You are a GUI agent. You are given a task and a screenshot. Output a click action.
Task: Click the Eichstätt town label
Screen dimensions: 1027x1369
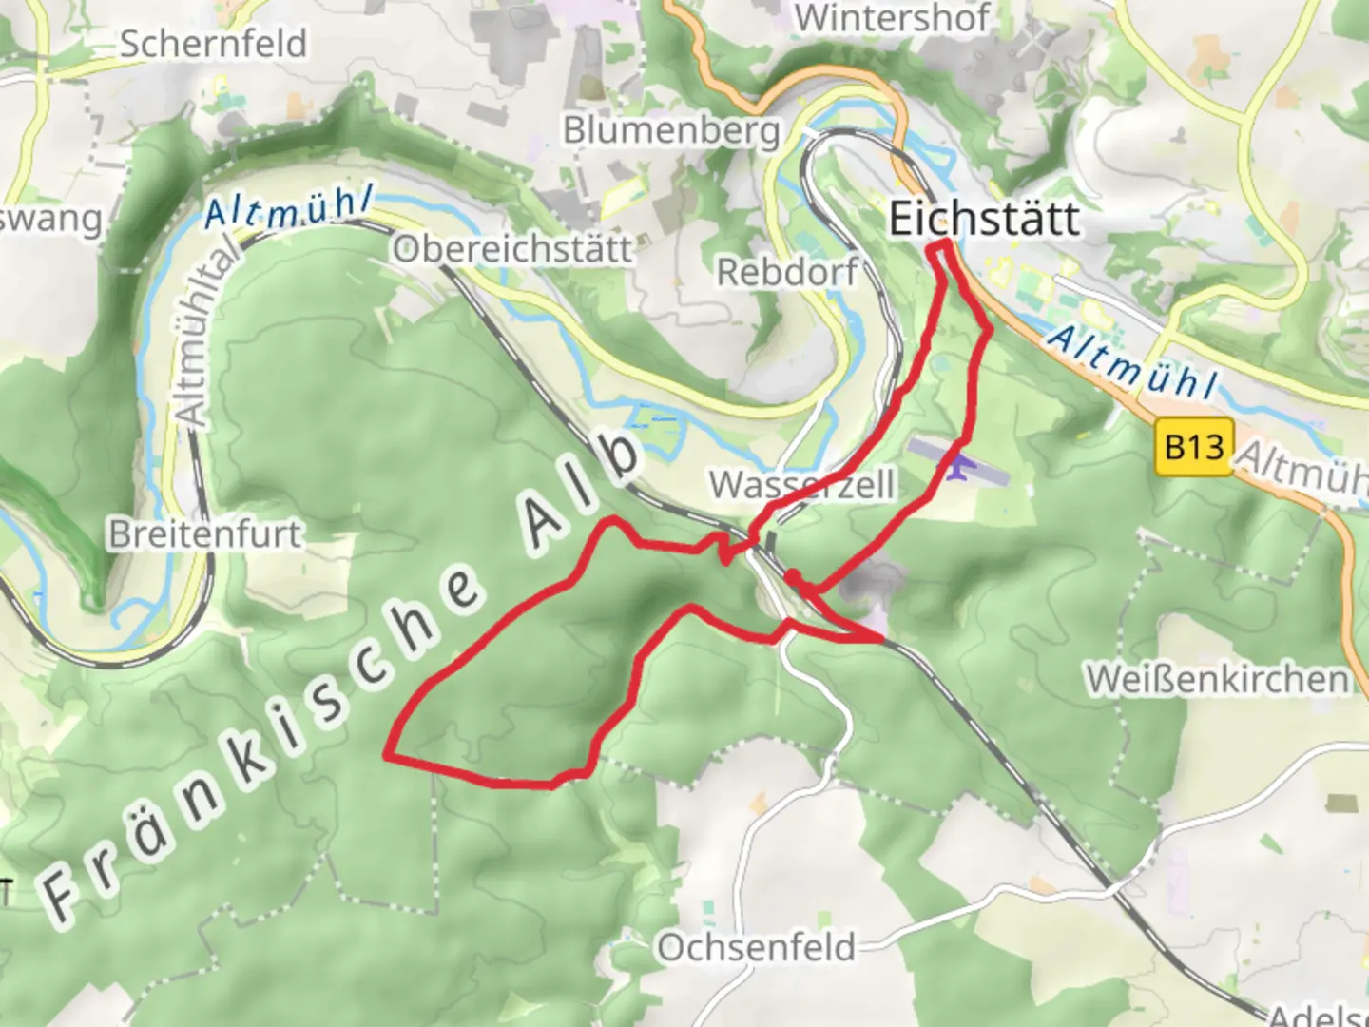click(x=984, y=220)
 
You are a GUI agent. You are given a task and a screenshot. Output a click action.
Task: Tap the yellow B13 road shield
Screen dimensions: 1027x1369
click(x=1195, y=445)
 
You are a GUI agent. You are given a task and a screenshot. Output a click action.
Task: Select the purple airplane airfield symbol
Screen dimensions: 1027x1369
click(x=957, y=466)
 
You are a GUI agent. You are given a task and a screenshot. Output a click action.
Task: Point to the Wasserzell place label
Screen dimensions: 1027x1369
click(x=801, y=485)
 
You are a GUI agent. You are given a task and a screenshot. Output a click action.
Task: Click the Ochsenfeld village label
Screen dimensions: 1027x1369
click(x=757, y=948)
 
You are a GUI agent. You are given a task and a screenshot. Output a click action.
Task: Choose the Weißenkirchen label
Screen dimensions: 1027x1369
click(x=1217, y=679)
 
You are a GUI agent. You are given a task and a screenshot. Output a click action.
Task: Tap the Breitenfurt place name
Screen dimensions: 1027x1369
click(x=205, y=533)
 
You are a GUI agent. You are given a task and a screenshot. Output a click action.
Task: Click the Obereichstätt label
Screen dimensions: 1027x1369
click(x=512, y=249)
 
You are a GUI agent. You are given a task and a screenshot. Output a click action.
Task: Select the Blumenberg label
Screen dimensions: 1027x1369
click(x=671, y=130)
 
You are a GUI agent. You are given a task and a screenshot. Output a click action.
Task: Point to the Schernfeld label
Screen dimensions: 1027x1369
click(x=213, y=44)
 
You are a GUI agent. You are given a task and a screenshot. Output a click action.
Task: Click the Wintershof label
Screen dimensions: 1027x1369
click(x=891, y=18)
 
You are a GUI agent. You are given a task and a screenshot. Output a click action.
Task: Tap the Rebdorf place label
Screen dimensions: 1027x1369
click(x=786, y=272)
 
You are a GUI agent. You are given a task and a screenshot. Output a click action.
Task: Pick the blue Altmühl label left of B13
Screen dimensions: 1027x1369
click(x=1131, y=362)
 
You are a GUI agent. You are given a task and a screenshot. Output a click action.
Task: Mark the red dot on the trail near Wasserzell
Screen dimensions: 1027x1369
click(x=791, y=577)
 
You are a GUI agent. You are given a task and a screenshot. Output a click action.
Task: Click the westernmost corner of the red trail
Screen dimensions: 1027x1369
click(x=386, y=756)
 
